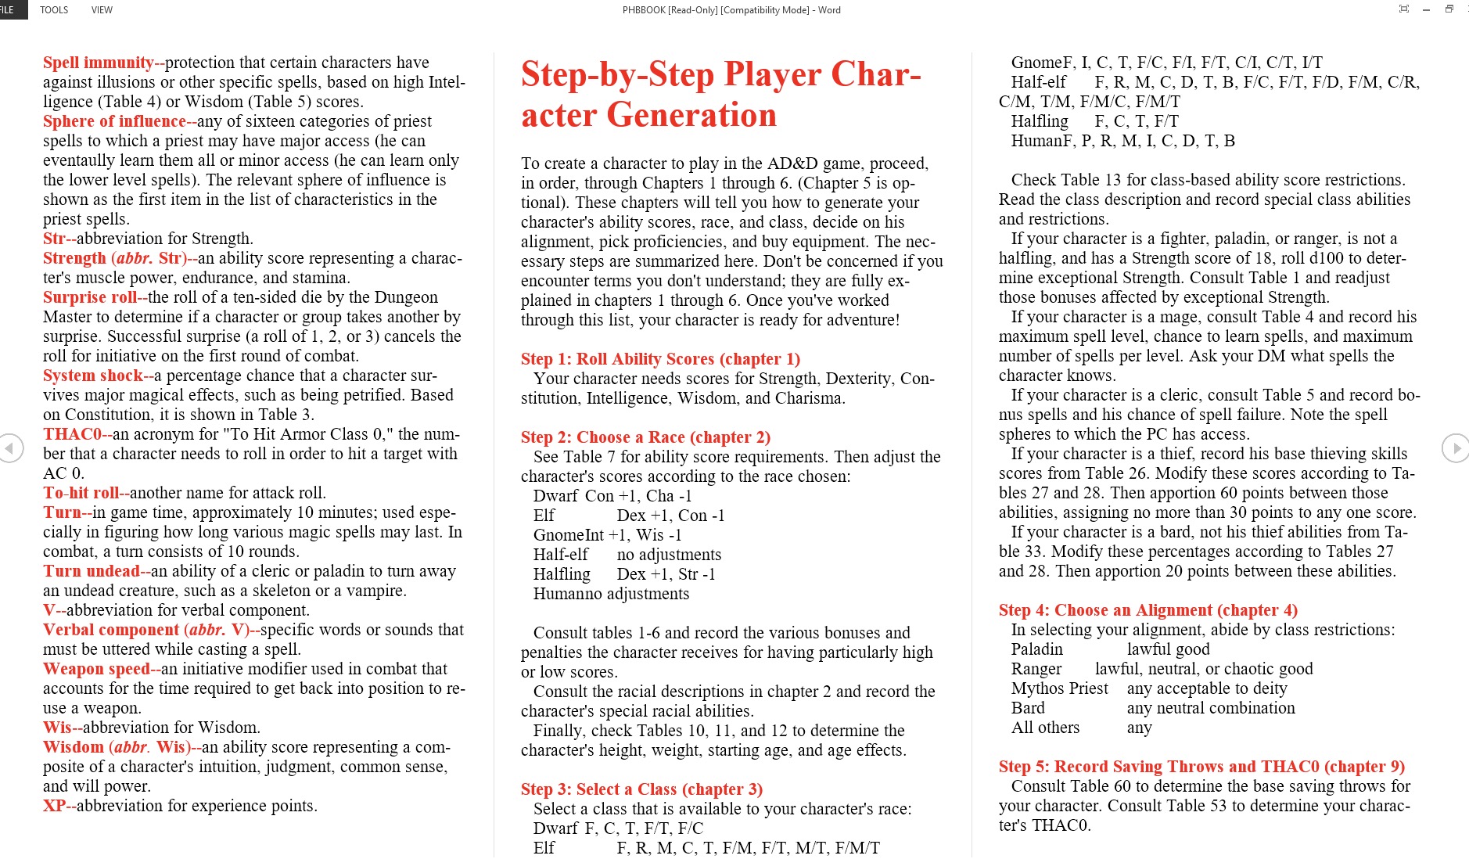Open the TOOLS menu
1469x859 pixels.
54,10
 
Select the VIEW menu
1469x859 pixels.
102,10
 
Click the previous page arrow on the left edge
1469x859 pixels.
10,449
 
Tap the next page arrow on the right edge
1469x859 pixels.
1455,449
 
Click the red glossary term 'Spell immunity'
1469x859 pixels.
99,63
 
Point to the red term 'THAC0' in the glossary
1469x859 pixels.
72,434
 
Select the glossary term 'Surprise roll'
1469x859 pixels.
90,297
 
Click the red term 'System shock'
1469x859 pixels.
93,376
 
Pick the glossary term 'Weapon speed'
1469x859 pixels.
96,669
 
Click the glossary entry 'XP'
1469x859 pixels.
54,806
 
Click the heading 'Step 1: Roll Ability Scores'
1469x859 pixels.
660,359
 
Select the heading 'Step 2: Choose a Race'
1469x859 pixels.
645,437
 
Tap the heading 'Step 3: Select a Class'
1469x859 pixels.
641,789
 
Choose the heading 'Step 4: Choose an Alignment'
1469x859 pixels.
1148,610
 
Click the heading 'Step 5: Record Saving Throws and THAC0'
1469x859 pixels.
1201,767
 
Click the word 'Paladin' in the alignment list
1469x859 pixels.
1036,649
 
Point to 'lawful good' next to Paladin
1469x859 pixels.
1168,649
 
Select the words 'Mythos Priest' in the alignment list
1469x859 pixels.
1059,688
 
